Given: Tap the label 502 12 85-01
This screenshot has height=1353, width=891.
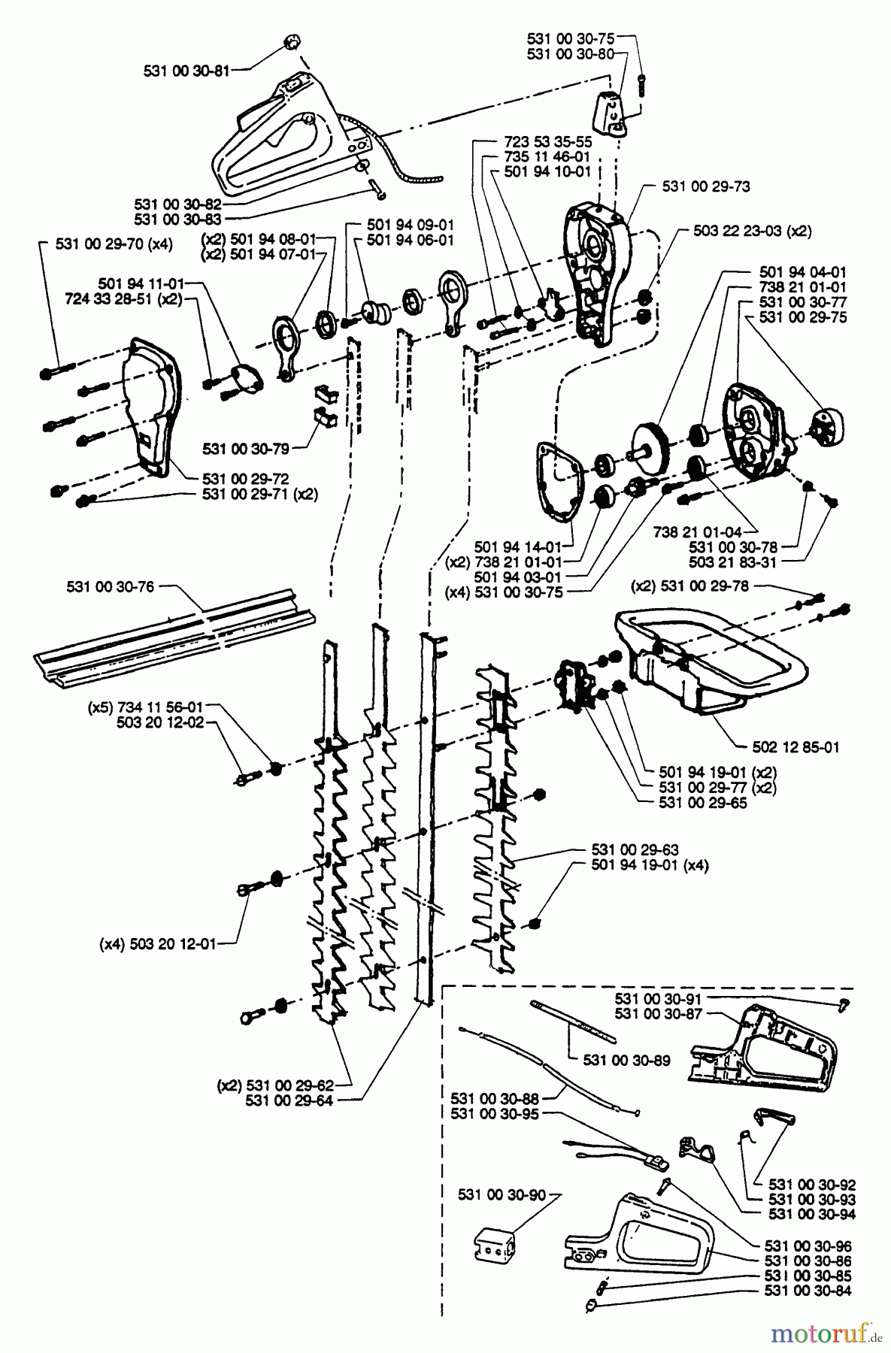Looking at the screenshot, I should click(796, 747).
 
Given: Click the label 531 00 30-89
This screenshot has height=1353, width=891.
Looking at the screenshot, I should click(626, 1060).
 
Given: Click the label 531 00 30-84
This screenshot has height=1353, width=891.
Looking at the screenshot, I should click(810, 1291).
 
